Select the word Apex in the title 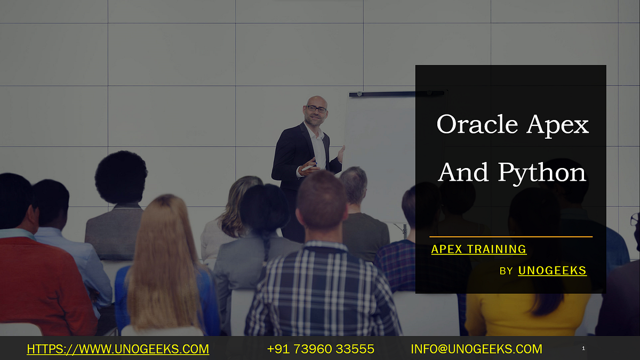pyautogui.click(x=558, y=125)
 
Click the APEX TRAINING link pyautogui.click(x=478, y=249)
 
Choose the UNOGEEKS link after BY pyautogui.click(x=552, y=271)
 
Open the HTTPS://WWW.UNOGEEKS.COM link pyautogui.click(x=118, y=349)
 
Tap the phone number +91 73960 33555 pyautogui.click(x=320, y=349)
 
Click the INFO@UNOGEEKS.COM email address pyautogui.click(x=476, y=349)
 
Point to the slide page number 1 pyautogui.click(x=583, y=349)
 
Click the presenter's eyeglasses pyautogui.click(x=316, y=109)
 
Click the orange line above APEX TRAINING pyautogui.click(x=510, y=236)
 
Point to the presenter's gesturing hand pyautogui.click(x=308, y=166)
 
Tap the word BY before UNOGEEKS pyautogui.click(x=506, y=271)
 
